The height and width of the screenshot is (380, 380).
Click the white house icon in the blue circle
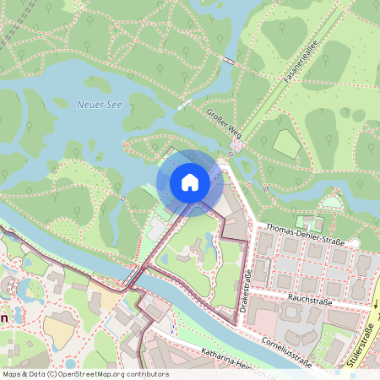coord(190,182)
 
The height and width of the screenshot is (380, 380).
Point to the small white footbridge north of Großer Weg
coord(230,61)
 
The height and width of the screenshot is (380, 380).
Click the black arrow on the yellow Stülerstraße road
coord(372,302)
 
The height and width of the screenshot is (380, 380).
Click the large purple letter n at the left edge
coord(3,318)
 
